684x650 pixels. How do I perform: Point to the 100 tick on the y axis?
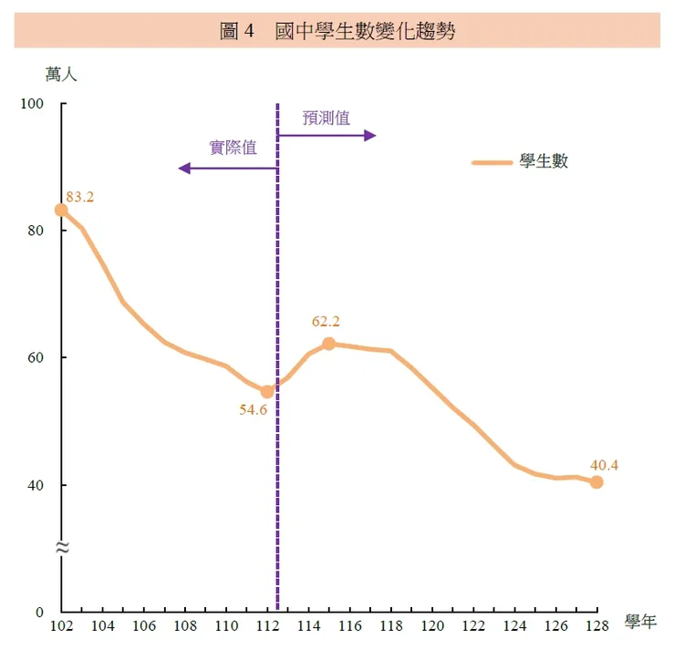coord(33,104)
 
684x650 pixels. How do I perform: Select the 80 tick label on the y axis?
coord(36,231)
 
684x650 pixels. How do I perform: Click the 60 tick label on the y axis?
coord(36,357)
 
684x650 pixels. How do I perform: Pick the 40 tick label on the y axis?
coord(36,485)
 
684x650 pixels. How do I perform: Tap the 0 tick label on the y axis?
coord(40,612)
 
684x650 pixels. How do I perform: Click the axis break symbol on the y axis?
coord(62,548)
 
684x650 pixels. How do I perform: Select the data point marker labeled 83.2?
coord(61,210)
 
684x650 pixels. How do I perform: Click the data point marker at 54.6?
coord(267,391)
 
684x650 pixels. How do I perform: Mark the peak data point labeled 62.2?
coord(328,344)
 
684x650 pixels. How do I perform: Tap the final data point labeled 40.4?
coord(596,482)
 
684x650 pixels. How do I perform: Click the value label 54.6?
coord(253,410)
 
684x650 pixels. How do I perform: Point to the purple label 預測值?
coord(326,118)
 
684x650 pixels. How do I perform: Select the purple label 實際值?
coord(233,148)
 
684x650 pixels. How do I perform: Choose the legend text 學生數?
coord(544,162)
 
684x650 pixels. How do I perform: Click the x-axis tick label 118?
coord(390,625)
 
